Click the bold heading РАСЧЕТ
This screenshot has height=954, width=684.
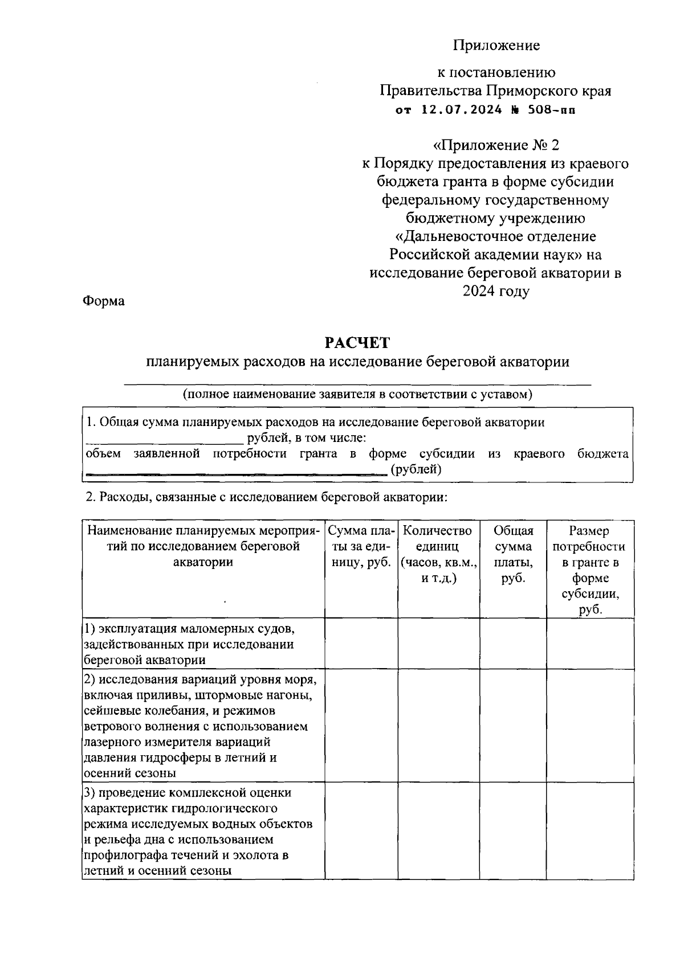click(x=357, y=343)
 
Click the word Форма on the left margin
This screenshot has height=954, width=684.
click(x=104, y=301)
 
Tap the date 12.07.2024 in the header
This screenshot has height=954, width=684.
click(x=462, y=110)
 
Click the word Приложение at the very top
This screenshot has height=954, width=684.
click(x=496, y=45)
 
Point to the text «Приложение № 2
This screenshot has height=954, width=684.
click(x=496, y=145)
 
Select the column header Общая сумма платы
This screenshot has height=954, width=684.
click(x=513, y=554)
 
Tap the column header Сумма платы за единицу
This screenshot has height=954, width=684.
click(x=361, y=547)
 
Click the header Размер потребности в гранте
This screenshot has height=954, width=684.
click(x=589, y=570)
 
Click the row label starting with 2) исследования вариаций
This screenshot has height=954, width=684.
click(x=199, y=726)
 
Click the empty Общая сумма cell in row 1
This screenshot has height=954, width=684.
click(x=513, y=644)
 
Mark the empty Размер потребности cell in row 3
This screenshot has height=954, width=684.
click(x=590, y=832)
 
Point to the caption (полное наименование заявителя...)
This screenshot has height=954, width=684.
click(x=357, y=394)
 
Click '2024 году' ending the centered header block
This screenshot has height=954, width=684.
click(x=496, y=291)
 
